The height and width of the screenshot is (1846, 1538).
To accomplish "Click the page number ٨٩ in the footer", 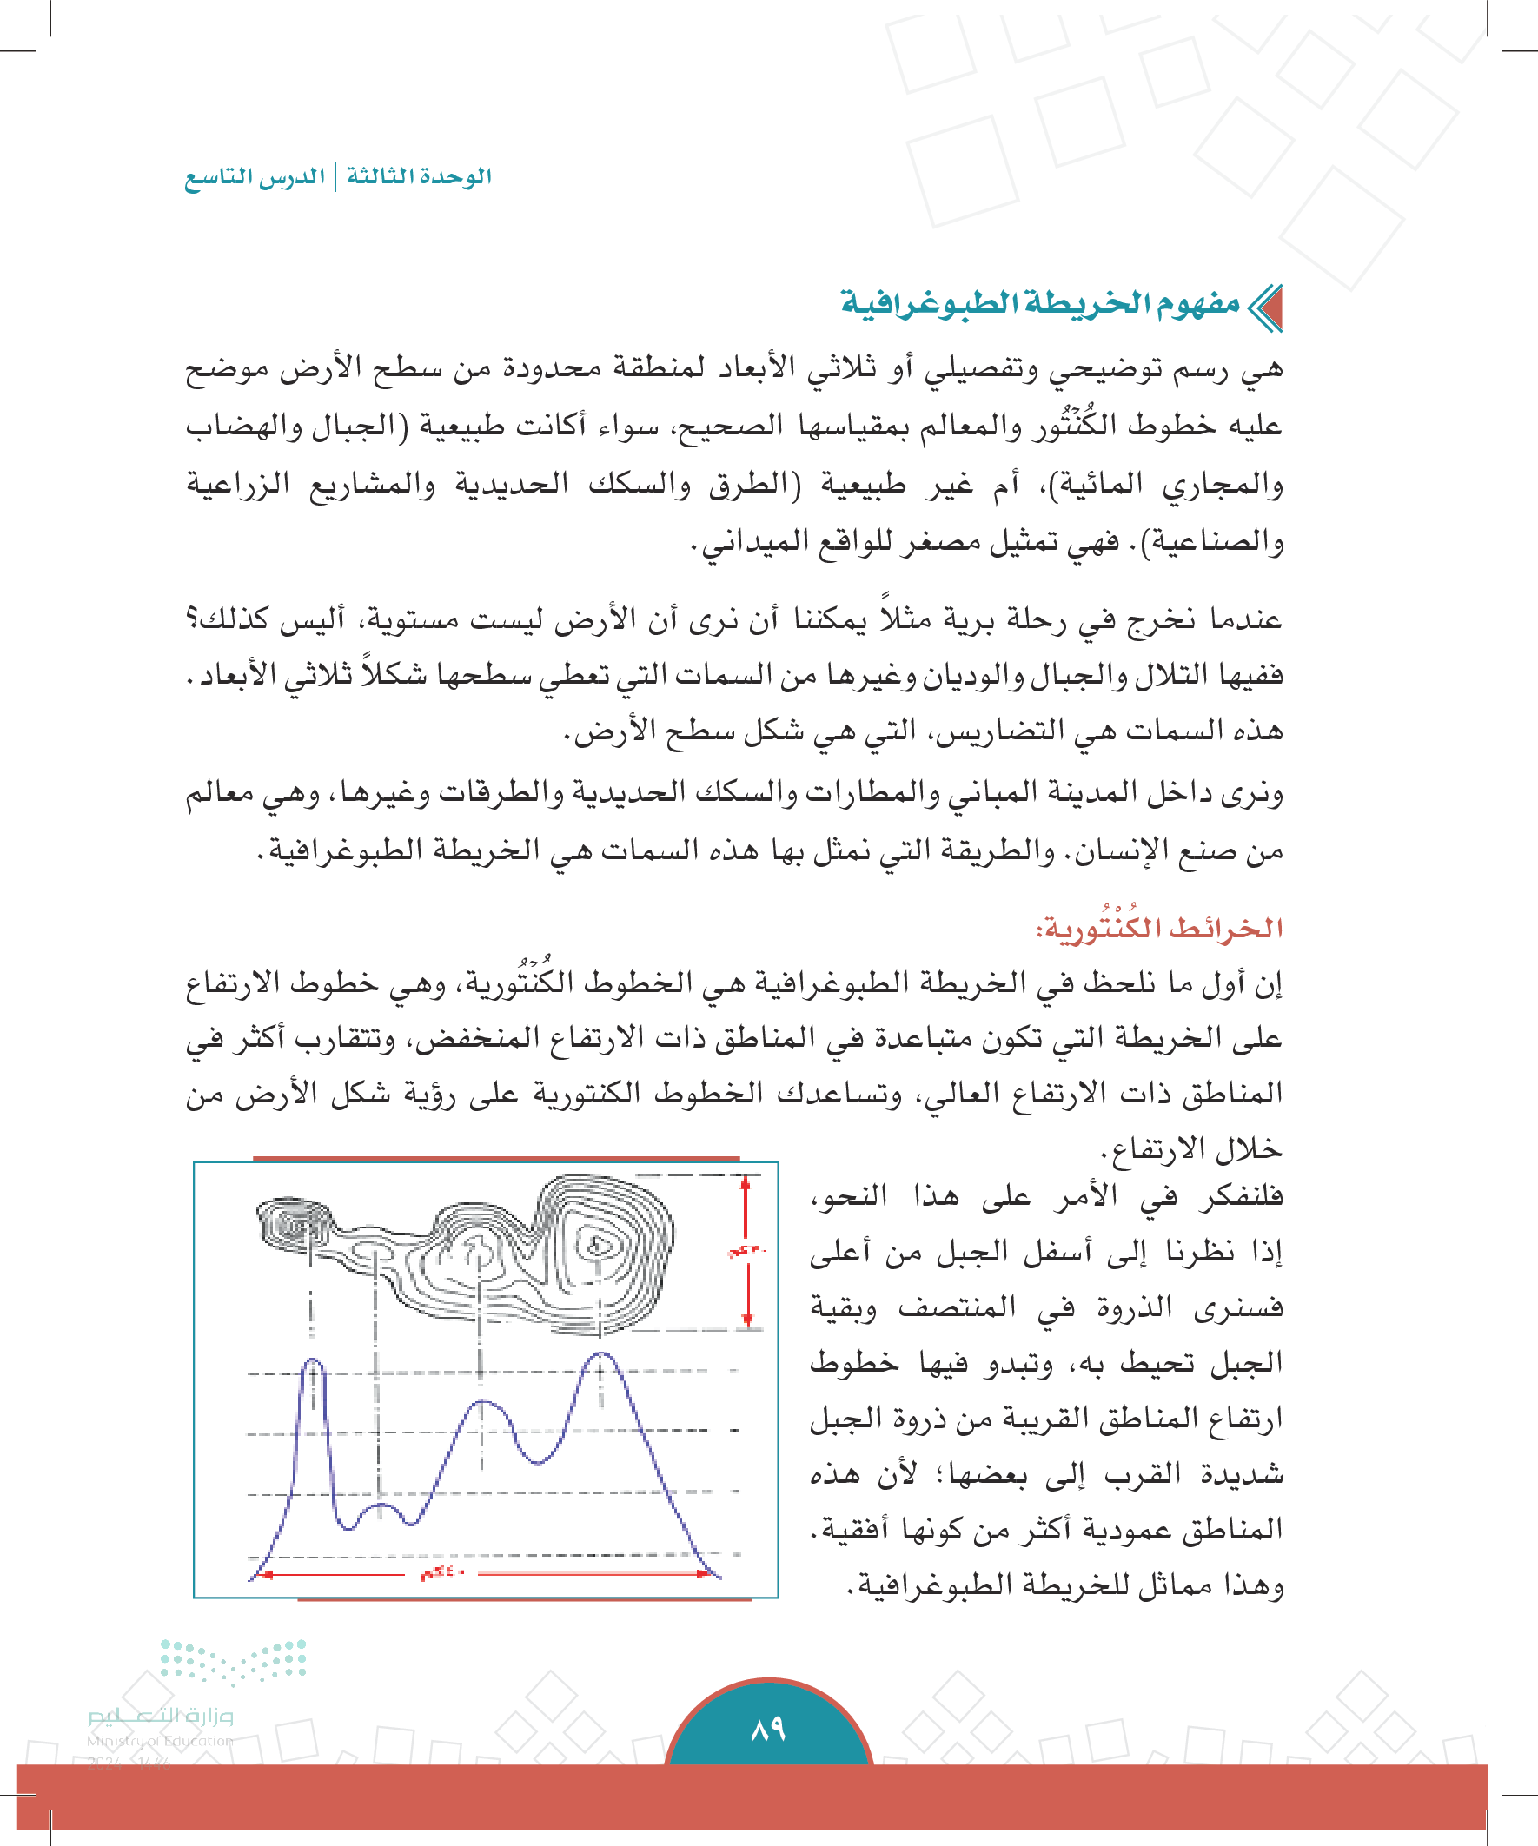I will click(767, 1729).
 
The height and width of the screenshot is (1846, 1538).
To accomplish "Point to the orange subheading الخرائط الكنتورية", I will click(1159, 928).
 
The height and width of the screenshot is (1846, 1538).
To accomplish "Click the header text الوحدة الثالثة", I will click(419, 176).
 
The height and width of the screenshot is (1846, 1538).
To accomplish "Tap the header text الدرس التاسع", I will click(254, 177).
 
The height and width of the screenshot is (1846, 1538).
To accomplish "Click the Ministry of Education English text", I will click(160, 1740).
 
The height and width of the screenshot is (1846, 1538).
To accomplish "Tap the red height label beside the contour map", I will click(746, 1251).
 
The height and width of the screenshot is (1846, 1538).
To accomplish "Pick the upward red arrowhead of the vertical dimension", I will click(746, 1184).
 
